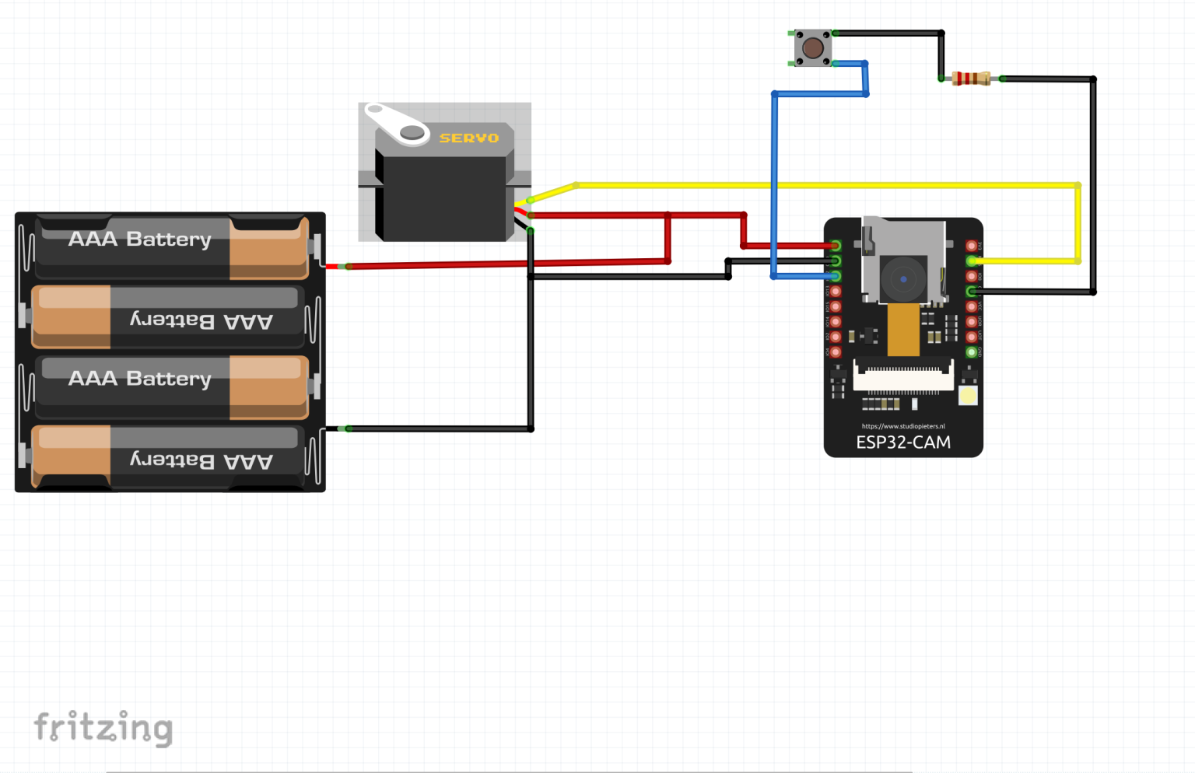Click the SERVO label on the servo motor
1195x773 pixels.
pyautogui.click(x=468, y=138)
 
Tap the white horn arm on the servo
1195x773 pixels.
pyautogui.click(x=398, y=124)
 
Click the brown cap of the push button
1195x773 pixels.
pyautogui.click(x=813, y=48)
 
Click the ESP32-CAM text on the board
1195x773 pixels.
pyautogui.click(x=903, y=442)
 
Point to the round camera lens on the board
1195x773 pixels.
pyautogui.click(x=903, y=278)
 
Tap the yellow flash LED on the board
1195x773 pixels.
pyautogui.click(x=968, y=396)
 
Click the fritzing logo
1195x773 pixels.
pyautogui.click(x=103, y=729)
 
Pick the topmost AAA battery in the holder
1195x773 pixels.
pyautogui.click(x=171, y=248)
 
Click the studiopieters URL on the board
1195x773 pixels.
pyautogui.click(x=903, y=426)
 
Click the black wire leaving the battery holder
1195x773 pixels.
pyautogui.click(x=436, y=428)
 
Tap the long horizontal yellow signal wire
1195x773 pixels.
pyautogui.click(x=856, y=185)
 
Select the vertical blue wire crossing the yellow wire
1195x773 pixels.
pyautogui.click(x=774, y=156)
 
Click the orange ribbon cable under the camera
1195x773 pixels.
pyautogui.click(x=903, y=329)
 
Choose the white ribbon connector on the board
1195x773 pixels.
pyautogui.click(x=903, y=376)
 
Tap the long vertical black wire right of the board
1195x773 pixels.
pyautogui.click(x=1093, y=187)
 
